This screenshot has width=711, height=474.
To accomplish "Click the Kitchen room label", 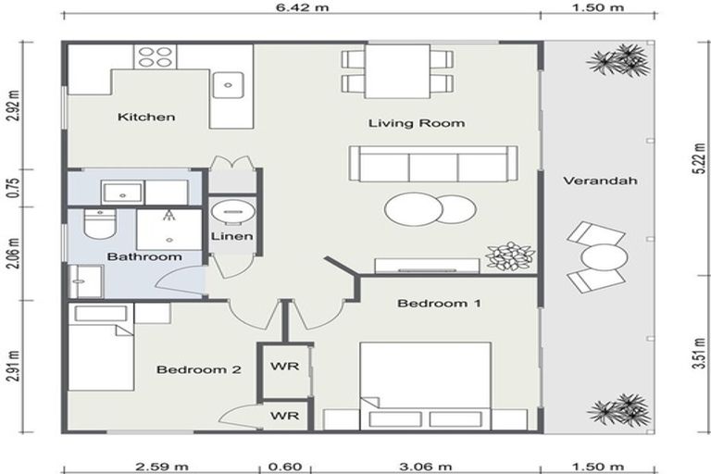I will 146,118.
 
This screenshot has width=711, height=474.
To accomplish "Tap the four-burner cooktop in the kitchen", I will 156,56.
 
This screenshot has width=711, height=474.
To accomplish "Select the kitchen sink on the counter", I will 228,86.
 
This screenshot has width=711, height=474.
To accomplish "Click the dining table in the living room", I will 396,71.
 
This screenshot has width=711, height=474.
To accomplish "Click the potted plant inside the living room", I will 510,256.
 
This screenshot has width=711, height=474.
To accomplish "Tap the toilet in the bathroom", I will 96,223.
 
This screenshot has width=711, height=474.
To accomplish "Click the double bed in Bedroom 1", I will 425,385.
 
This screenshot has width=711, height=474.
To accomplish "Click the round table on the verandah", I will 603,256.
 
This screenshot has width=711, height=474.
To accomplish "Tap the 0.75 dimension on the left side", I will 12,189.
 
